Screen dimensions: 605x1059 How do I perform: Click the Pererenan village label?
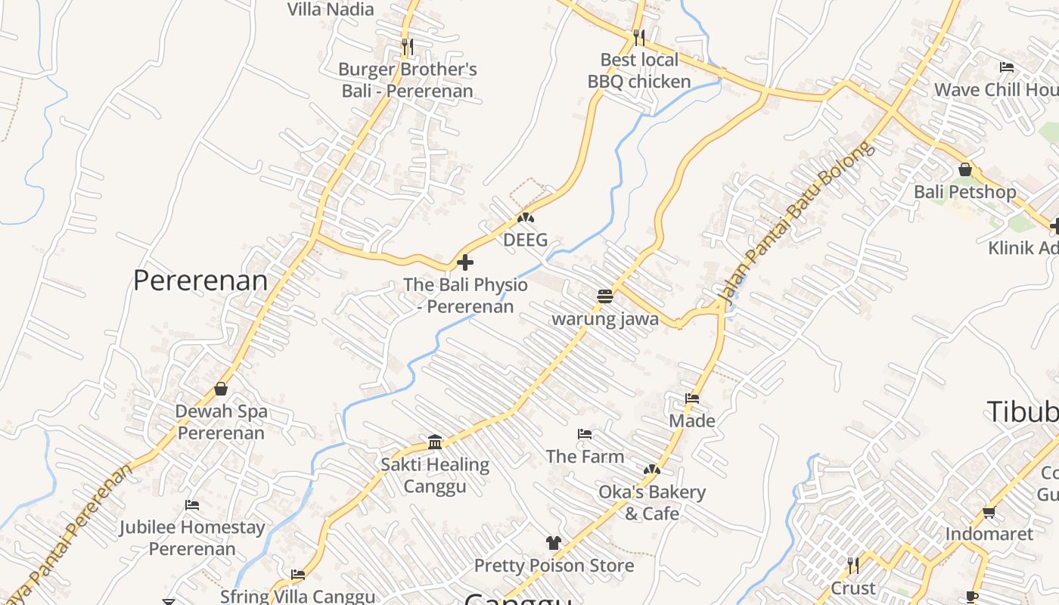[200, 281]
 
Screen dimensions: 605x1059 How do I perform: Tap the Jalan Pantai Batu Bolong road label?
[794, 223]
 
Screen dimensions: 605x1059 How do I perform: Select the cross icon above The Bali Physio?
[465, 262]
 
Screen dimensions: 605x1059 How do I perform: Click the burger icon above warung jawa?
[604, 296]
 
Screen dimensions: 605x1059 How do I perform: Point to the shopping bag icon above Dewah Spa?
[221, 389]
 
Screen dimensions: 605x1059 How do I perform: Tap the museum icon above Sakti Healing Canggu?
[435, 442]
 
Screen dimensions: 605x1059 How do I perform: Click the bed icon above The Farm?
[585, 434]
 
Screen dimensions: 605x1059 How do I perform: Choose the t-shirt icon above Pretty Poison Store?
[554, 543]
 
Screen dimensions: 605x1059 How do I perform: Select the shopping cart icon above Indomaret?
[989, 512]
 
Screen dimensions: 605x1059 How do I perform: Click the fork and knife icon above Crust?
[853, 566]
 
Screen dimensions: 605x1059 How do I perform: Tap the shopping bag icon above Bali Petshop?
[964, 169]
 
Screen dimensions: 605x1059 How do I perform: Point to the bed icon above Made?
[692, 398]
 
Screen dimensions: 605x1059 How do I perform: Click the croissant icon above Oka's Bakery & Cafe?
[651, 470]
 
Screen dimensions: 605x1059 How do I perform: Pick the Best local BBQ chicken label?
[639, 70]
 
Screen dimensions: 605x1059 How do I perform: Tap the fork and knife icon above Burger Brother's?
[407, 47]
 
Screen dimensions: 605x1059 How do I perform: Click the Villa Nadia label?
[331, 9]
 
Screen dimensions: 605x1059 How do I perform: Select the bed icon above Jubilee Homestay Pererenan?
[192, 504]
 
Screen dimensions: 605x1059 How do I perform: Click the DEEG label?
[525, 240]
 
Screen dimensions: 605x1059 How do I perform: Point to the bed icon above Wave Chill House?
[1007, 67]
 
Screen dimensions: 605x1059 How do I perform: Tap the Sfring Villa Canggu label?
[297, 597]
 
